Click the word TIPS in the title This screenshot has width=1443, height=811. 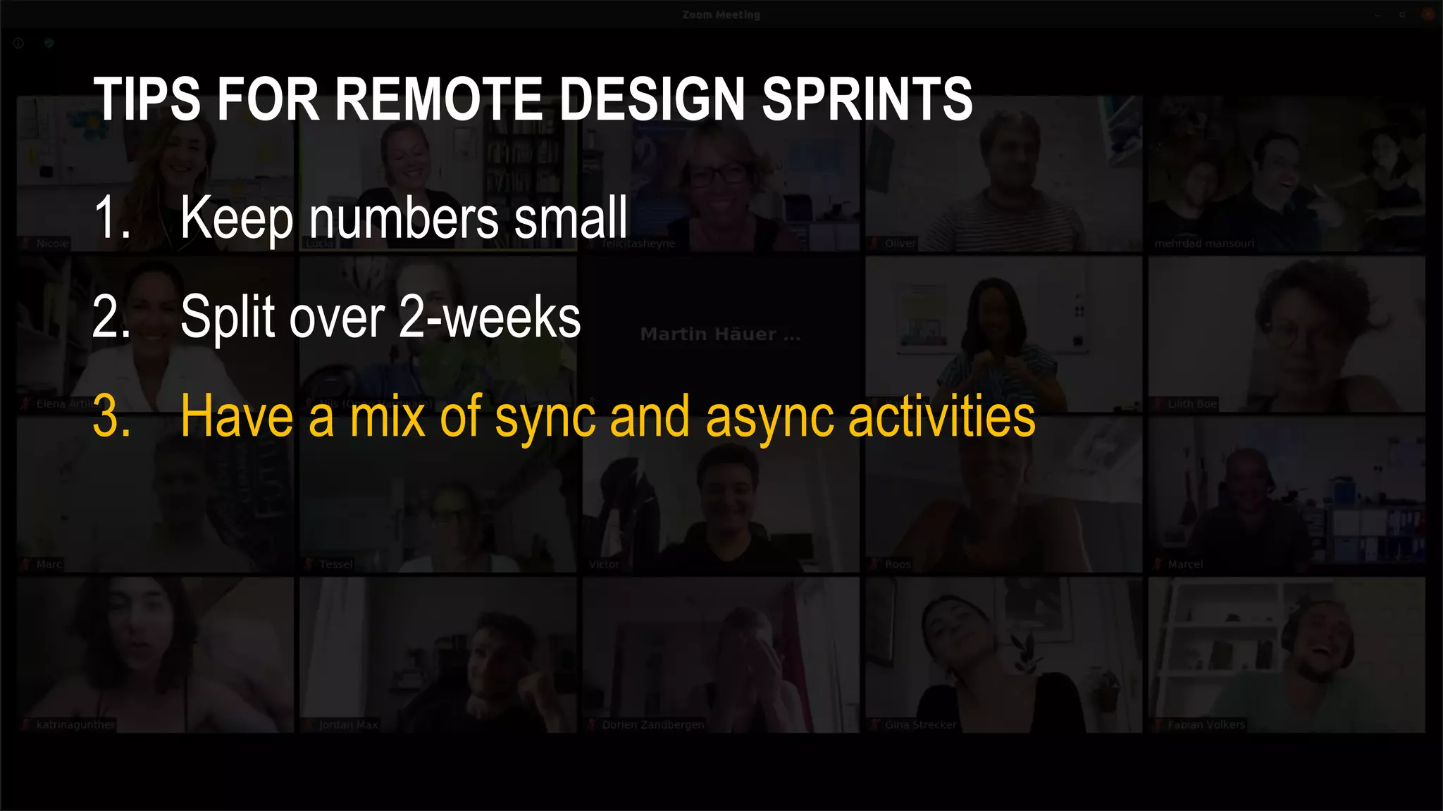pos(147,99)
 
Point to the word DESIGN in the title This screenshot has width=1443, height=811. pos(652,99)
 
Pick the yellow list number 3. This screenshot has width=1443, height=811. pos(111,417)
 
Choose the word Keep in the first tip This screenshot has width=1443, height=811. pos(237,218)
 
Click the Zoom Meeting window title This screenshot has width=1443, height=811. pos(721,15)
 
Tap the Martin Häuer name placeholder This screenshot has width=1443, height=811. pos(720,334)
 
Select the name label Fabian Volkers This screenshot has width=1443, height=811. pos(1206,724)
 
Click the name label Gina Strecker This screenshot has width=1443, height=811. pos(920,724)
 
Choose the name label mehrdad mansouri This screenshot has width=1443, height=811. pos(1204,244)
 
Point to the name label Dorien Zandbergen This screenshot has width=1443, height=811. pos(652,724)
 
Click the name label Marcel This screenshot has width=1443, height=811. pos(1185,564)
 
